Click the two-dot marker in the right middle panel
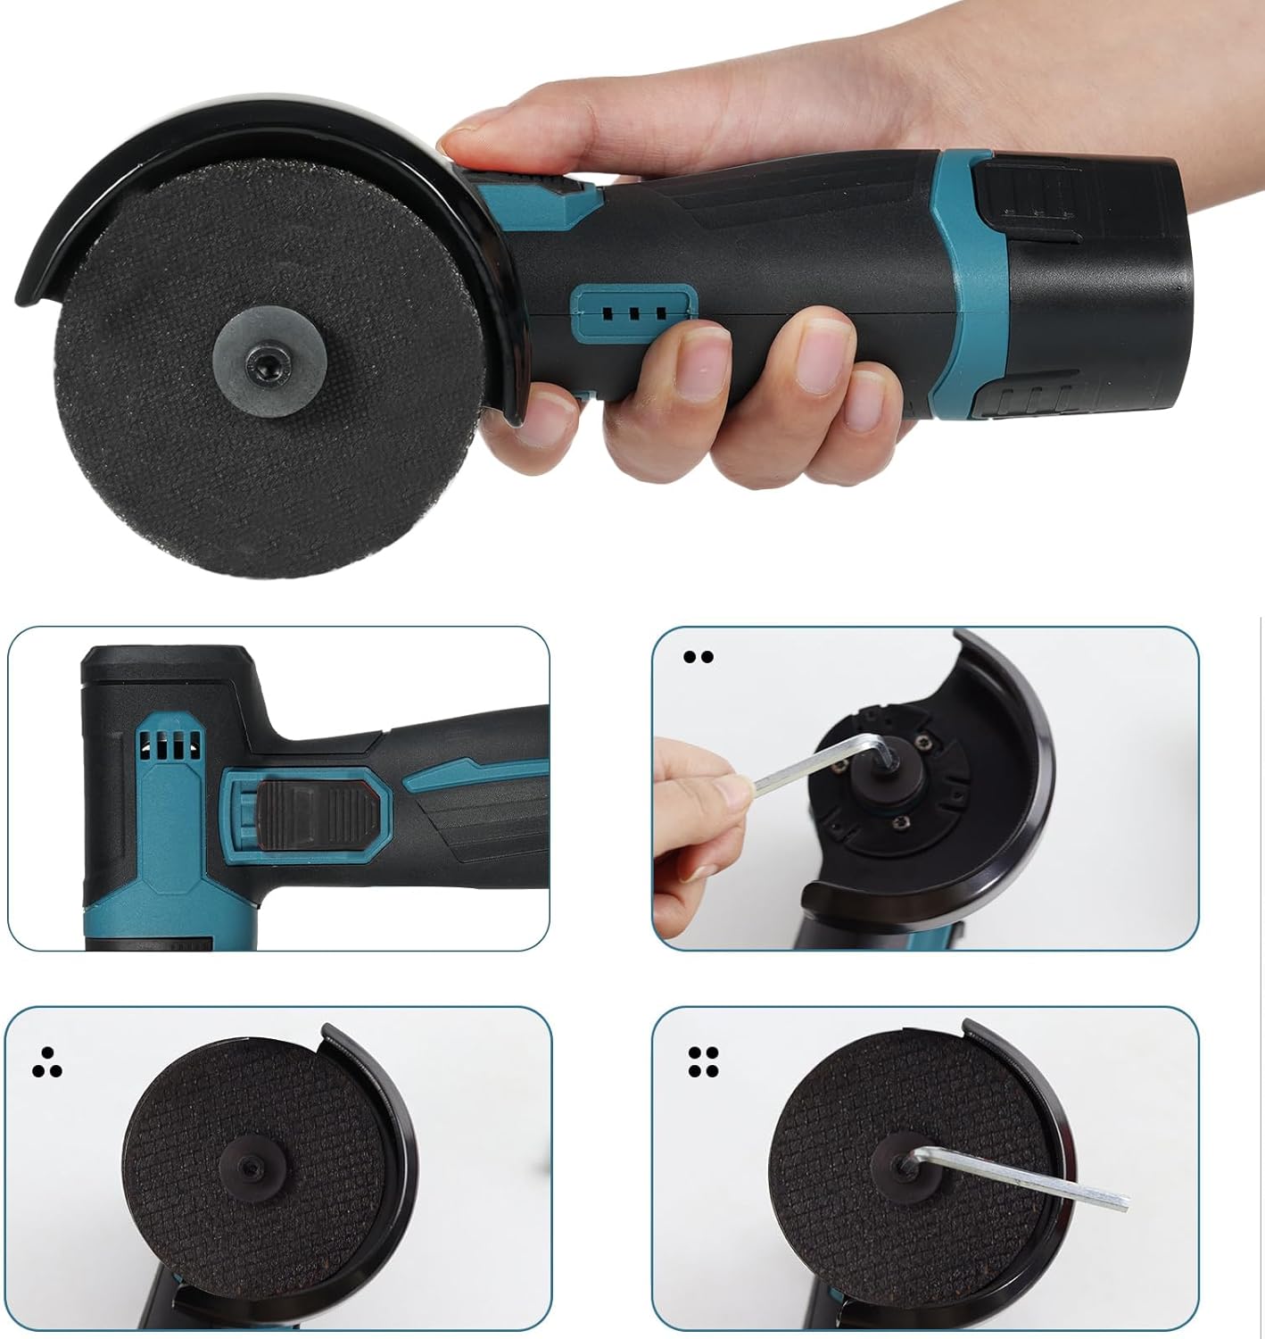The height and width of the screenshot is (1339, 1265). (x=699, y=657)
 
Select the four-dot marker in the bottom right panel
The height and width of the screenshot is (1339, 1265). (x=704, y=1060)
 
